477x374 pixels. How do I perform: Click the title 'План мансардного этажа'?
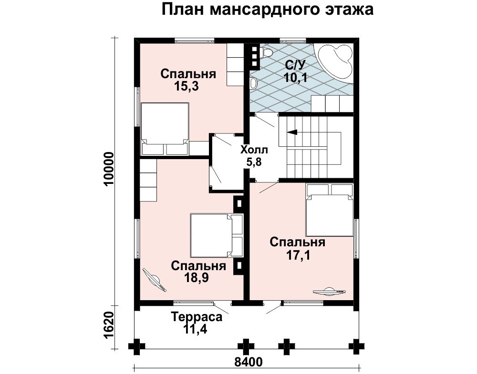click(268, 10)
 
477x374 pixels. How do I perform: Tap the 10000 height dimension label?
click(109, 169)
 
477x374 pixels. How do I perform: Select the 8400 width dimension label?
click(248, 362)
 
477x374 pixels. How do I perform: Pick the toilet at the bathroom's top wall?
click(267, 53)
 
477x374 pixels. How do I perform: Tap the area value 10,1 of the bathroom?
click(296, 78)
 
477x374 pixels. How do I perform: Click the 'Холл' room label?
click(254, 150)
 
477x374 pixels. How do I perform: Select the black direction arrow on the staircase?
click(292, 132)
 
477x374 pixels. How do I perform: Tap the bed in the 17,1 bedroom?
click(330, 210)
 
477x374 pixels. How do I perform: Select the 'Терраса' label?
click(197, 317)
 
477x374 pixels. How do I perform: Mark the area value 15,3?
click(187, 87)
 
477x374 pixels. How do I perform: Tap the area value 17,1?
click(298, 255)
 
